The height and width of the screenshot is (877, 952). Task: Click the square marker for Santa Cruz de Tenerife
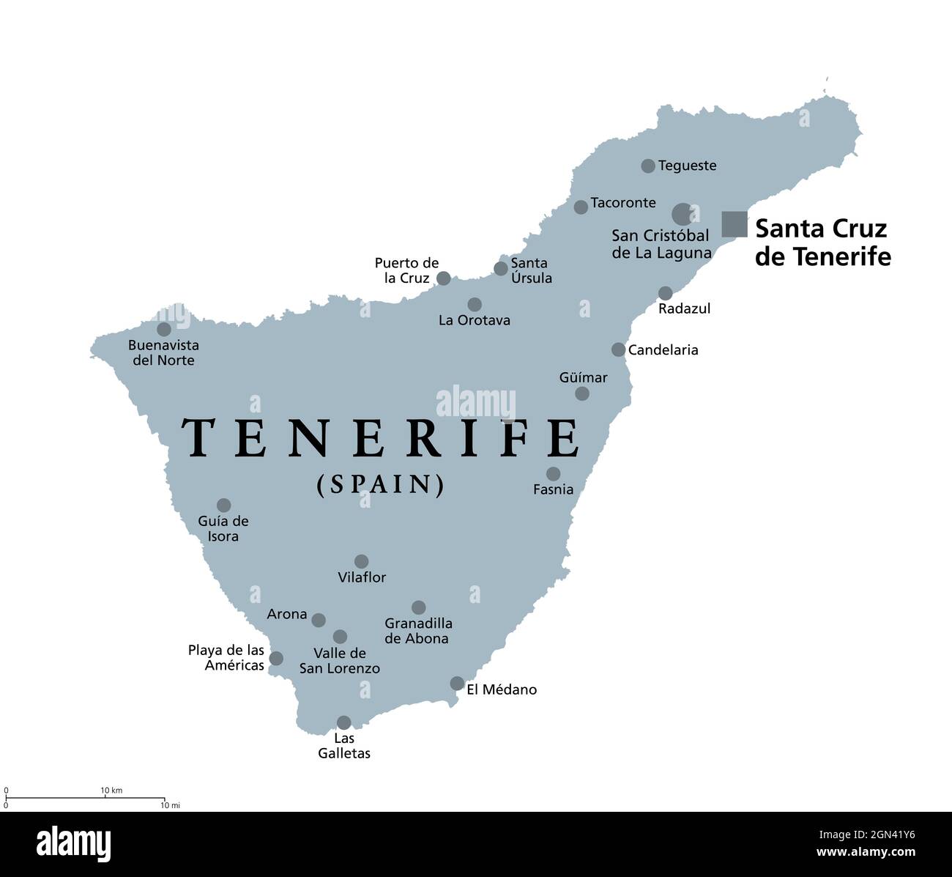point(734,224)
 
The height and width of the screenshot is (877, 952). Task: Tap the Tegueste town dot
point(648,166)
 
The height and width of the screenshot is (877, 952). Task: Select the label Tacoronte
point(623,203)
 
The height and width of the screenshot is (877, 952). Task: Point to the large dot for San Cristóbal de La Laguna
point(683,214)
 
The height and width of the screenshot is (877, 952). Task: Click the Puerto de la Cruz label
point(406,270)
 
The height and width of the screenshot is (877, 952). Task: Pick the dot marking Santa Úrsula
point(501,269)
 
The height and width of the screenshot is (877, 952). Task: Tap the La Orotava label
point(475,320)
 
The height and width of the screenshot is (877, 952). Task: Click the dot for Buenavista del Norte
point(164,330)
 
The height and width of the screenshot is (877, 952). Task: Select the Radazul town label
point(684,308)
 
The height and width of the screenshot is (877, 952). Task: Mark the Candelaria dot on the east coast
point(619,350)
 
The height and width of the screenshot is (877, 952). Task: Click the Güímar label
point(583,377)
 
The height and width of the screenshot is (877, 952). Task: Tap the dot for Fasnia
point(554,474)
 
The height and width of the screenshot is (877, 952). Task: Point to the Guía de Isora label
point(223,528)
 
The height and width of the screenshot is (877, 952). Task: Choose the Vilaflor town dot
point(362,561)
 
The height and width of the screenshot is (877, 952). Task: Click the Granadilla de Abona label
point(418,631)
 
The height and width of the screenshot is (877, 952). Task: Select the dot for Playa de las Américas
point(276,659)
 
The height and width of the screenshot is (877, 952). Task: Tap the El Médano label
point(502,689)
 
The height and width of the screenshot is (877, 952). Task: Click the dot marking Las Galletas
point(343,723)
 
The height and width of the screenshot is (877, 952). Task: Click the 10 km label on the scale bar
point(111,790)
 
